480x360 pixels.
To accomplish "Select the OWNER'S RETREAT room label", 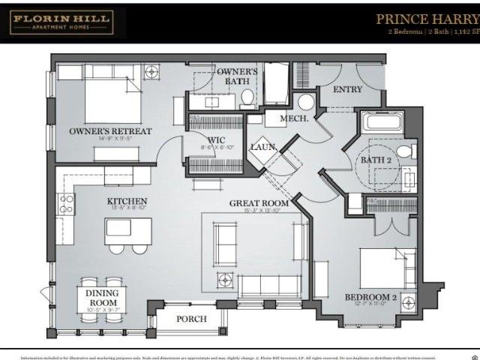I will pos(110,131).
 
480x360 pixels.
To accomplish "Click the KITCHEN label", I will pos(126,201).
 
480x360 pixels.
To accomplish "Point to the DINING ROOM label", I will pos(102,298).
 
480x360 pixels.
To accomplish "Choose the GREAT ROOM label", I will pos(259,202).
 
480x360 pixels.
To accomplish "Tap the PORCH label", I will pos(190,319).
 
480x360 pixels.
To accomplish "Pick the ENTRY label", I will pos(346,89).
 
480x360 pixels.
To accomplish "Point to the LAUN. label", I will pos(263,147).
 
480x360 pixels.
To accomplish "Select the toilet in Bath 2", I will pos(406,152).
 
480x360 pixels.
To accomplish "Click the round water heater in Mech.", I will pos(306,102).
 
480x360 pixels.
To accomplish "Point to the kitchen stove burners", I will pos(66,204).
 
